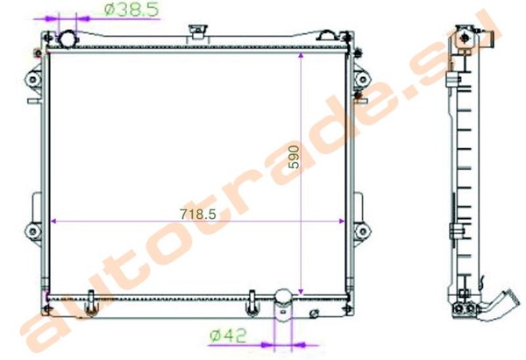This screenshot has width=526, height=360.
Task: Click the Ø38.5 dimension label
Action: pyautogui.click(x=131, y=9)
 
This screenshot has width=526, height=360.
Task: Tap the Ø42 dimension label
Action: pyautogui.click(x=228, y=335)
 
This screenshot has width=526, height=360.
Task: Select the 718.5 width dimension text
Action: pyautogui.click(x=198, y=214)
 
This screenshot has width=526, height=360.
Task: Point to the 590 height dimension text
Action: pyautogui.click(x=294, y=157)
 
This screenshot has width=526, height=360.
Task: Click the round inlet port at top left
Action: pyautogui.click(x=68, y=39)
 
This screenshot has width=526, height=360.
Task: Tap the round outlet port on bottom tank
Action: pyautogui.click(x=283, y=298)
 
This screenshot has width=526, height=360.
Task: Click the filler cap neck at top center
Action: pyautogui.click(x=198, y=34)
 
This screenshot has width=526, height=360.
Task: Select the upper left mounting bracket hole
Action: pyautogui.click(x=33, y=80)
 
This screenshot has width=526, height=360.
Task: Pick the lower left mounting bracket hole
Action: pyautogui.click(x=33, y=231)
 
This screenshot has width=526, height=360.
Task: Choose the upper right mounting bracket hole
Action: pyautogui.click(x=363, y=80)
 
